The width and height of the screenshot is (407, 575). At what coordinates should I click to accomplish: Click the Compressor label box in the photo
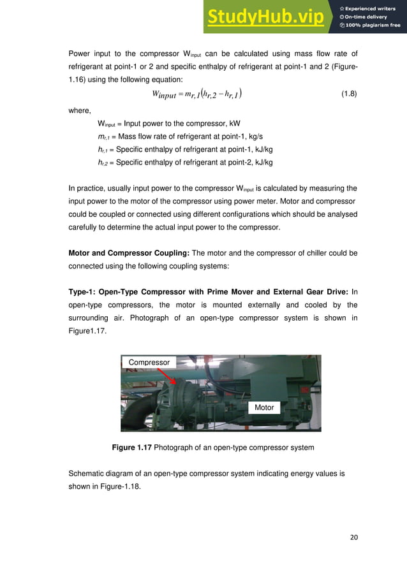pyautogui.click(x=149, y=362)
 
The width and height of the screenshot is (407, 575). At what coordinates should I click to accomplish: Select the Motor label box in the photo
pyautogui.click(x=263, y=407)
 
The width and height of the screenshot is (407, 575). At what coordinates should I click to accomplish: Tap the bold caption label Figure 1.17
pyautogui.click(x=131, y=448)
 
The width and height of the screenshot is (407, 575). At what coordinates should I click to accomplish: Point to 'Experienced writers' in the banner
pyautogui.click(x=373, y=8)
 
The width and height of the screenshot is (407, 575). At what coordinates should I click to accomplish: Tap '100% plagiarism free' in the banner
pyautogui.click(x=373, y=25)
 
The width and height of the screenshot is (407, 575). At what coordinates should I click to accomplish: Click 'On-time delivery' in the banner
pyautogui.click(x=369, y=17)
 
